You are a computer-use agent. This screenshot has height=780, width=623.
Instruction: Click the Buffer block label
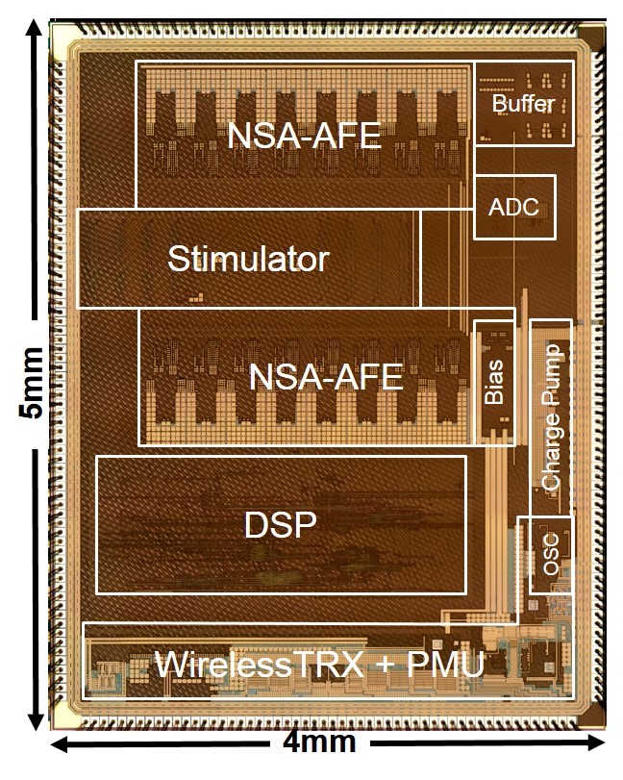[x=524, y=103]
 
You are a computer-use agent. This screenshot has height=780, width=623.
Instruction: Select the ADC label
[x=514, y=206]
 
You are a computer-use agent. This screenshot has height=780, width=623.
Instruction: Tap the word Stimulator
[x=248, y=259]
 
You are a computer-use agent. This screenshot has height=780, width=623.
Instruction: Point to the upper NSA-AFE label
[x=304, y=136]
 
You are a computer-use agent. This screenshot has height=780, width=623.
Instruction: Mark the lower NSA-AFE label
[x=325, y=377]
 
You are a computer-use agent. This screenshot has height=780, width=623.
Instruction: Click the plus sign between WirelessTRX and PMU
[x=386, y=665]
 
